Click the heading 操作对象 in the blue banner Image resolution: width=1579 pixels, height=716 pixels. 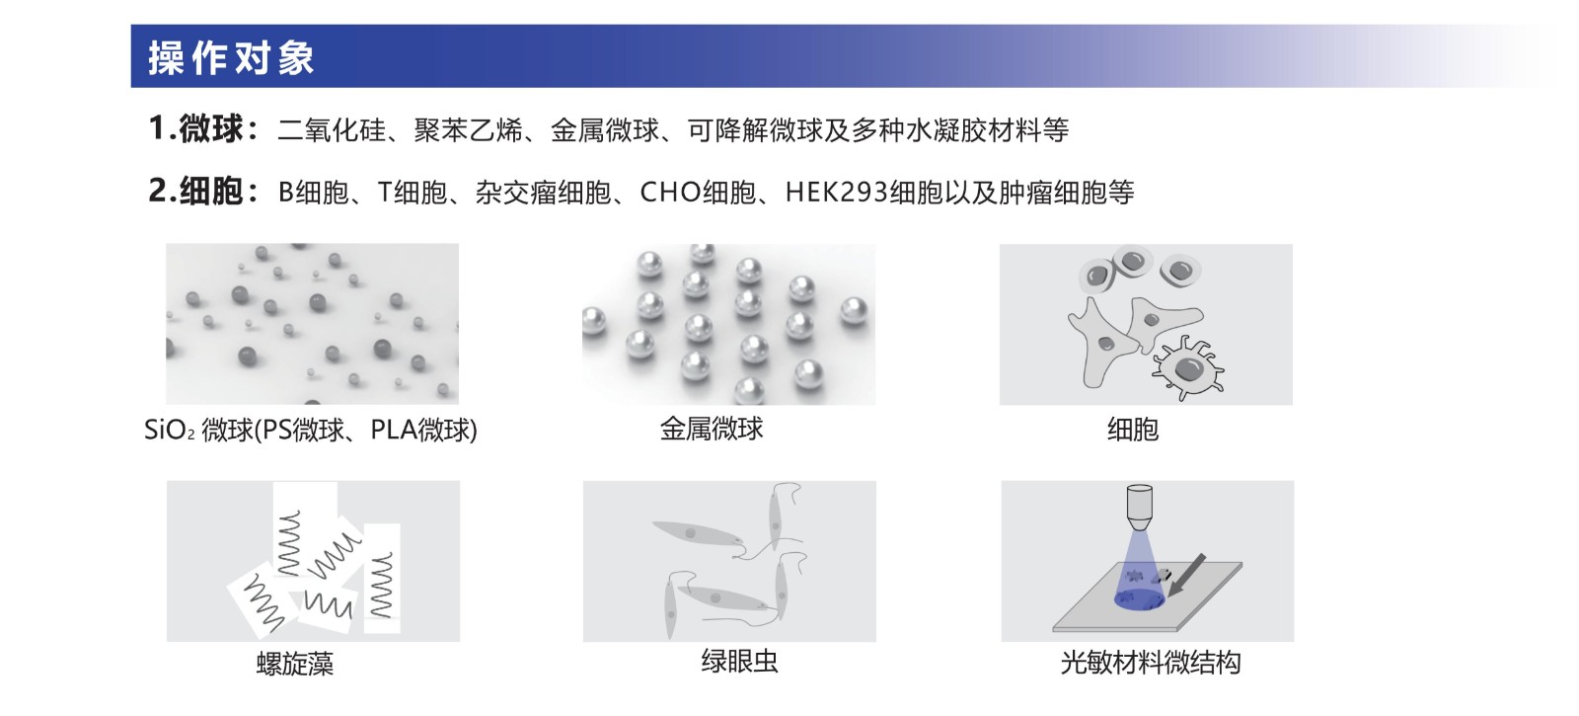pyautogui.click(x=231, y=57)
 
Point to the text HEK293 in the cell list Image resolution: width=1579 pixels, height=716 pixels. pyautogui.click(x=836, y=192)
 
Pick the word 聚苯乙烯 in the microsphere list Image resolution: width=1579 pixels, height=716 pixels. pyautogui.click(x=468, y=129)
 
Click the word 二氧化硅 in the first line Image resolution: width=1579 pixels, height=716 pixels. pyautogui.click(x=332, y=129)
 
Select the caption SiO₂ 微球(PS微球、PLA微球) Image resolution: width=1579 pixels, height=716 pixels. pyautogui.click(x=311, y=429)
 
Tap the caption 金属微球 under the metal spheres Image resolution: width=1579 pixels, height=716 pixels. pyautogui.click(x=712, y=429)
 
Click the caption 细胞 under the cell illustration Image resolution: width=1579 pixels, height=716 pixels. pyautogui.click(x=1133, y=429)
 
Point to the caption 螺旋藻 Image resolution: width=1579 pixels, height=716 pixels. pyautogui.click(x=295, y=664)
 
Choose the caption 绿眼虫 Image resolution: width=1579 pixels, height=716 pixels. pyautogui.click(x=739, y=661)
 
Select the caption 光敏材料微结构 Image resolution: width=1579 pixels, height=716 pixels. pyautogui.click(x=1151, y=663)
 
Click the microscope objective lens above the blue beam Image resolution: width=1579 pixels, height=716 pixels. pyautogui.click(x=1139, y=508)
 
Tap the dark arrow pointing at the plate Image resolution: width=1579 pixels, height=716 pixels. pyautogui.click(x=1186, y=575)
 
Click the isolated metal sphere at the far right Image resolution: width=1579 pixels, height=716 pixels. pyautogui.click(x=854, y=312)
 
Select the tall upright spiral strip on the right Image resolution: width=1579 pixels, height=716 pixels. pyautogui.click(x=382, y=578)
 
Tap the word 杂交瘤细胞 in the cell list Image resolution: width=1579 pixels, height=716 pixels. pyautogui.click(x=544, y=192)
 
